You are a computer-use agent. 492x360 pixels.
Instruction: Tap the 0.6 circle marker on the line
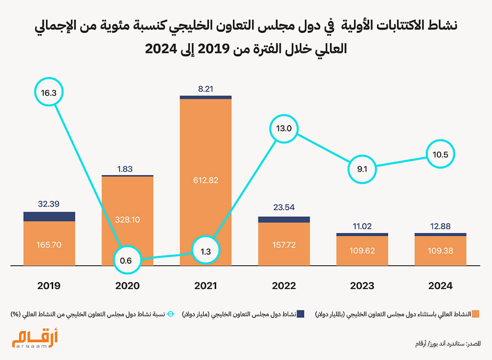(x=126, y=260)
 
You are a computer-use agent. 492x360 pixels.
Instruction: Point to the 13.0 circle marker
(x=284, y=128)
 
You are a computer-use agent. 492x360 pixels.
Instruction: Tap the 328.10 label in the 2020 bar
(x=128, y=220)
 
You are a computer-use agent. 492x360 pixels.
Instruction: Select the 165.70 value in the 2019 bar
(x=49, y=245)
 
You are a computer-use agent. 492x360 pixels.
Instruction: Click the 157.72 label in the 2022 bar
(x=284, y=245)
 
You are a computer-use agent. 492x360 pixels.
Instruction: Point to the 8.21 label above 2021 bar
(x=205, y=89)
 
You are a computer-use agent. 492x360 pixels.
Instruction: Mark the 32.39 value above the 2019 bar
(x=49, y=204)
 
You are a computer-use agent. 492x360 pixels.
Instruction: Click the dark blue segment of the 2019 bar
(x=49, y=216)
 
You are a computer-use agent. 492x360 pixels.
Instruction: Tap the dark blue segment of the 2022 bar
(x=284, y=220)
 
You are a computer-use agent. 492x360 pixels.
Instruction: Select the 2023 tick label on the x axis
(x=362, y=286)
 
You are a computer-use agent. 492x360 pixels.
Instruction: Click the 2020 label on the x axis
(x=128, y=286)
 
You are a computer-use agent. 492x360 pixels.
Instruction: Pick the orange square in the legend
(x=476, y=314)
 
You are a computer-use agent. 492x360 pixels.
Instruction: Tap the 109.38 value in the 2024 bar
(x=440, y=251)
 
